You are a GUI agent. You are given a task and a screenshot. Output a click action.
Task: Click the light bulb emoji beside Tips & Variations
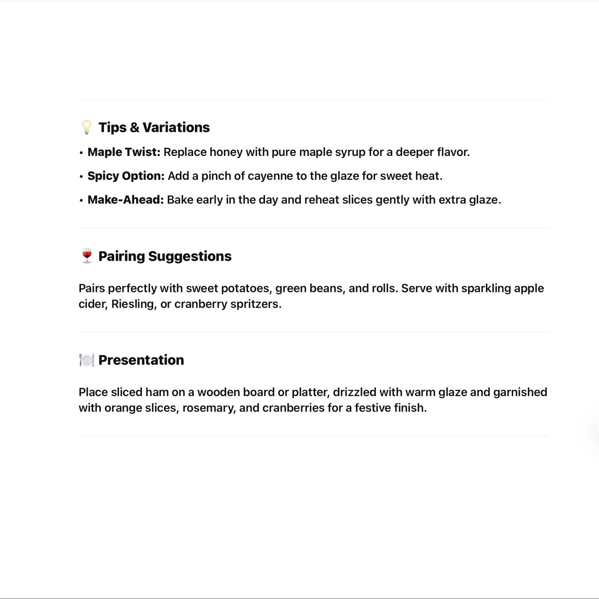87,127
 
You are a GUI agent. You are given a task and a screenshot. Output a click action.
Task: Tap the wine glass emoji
87,256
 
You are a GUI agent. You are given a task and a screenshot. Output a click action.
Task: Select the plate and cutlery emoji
87,360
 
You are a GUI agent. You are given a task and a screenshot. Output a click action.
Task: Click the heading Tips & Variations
154,127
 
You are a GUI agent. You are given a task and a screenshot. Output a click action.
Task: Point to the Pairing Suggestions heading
165,256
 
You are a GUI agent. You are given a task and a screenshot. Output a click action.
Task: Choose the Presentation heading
141,360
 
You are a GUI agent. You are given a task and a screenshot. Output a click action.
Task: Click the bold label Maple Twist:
124,152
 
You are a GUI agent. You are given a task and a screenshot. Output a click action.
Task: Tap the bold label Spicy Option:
126,176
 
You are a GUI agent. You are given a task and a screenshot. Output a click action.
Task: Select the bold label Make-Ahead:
126,200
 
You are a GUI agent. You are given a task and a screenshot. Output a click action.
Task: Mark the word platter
310,392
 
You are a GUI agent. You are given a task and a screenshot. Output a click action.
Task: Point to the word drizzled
354,392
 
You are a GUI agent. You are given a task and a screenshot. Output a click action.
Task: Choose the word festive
373,408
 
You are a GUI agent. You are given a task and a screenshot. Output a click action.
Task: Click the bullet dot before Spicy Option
81,177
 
